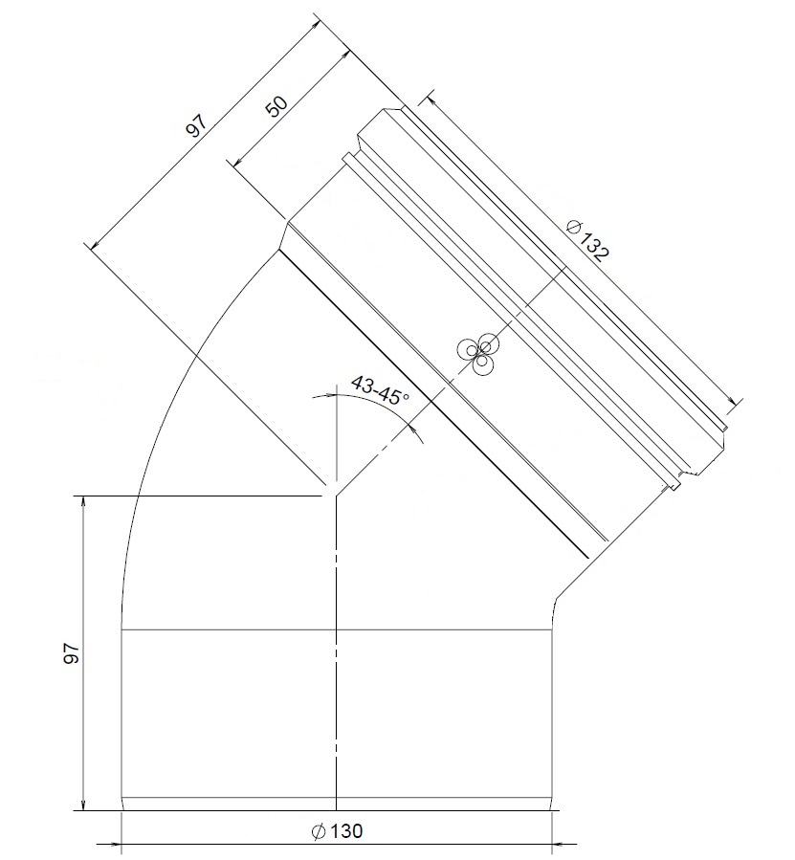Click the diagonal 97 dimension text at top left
[196, 126]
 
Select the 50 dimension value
[276, 105]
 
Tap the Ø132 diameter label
[587, 239]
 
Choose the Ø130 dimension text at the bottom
[339, 831]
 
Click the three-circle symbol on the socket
[477, 354]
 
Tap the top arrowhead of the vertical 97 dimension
[84, 501]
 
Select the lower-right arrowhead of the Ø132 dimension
[735, 402]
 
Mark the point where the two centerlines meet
[336, 496]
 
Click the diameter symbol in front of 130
[320, 831]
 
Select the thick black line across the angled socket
[431, 402]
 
